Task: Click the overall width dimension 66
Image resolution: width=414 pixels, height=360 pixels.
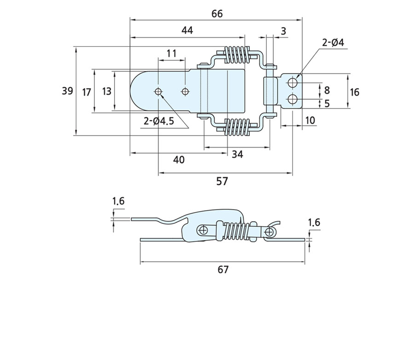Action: [217, 14]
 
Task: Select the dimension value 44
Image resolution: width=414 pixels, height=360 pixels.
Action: [187, 30]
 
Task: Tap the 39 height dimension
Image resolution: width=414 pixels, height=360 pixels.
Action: [68, 91]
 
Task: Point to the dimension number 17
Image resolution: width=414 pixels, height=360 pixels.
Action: [86, 92]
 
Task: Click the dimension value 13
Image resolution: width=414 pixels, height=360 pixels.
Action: [107, 91]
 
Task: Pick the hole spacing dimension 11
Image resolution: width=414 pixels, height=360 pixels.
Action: [172, 53]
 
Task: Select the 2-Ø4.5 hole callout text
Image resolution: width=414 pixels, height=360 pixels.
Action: [159, 121]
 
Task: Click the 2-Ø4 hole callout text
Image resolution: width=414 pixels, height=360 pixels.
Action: [333, 43]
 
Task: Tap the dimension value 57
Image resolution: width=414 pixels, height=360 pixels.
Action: [222, 181]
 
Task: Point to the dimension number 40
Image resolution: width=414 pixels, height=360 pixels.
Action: [179, 160]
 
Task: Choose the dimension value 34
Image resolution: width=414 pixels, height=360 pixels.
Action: [237, 154]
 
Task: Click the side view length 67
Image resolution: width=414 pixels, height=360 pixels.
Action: [223, 269]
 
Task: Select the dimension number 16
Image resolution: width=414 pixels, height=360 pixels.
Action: [354, 92]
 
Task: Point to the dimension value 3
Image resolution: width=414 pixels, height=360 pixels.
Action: [283, 31]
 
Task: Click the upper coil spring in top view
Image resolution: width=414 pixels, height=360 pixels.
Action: [236, 56]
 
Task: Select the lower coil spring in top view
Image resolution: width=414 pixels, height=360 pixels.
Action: [237, 126]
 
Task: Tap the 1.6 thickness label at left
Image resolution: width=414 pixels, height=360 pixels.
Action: [118, 201]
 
